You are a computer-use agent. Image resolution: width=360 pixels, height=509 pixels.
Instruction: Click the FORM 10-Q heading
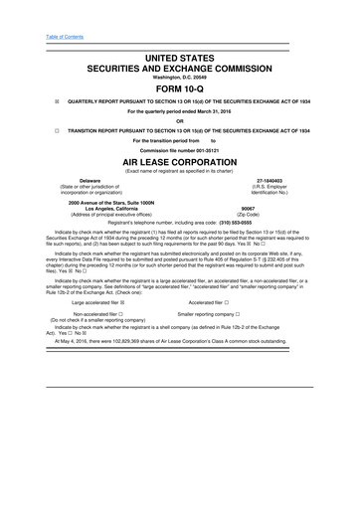coord(180,85)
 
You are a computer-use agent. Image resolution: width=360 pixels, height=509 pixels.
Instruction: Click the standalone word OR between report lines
coord(180,121)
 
